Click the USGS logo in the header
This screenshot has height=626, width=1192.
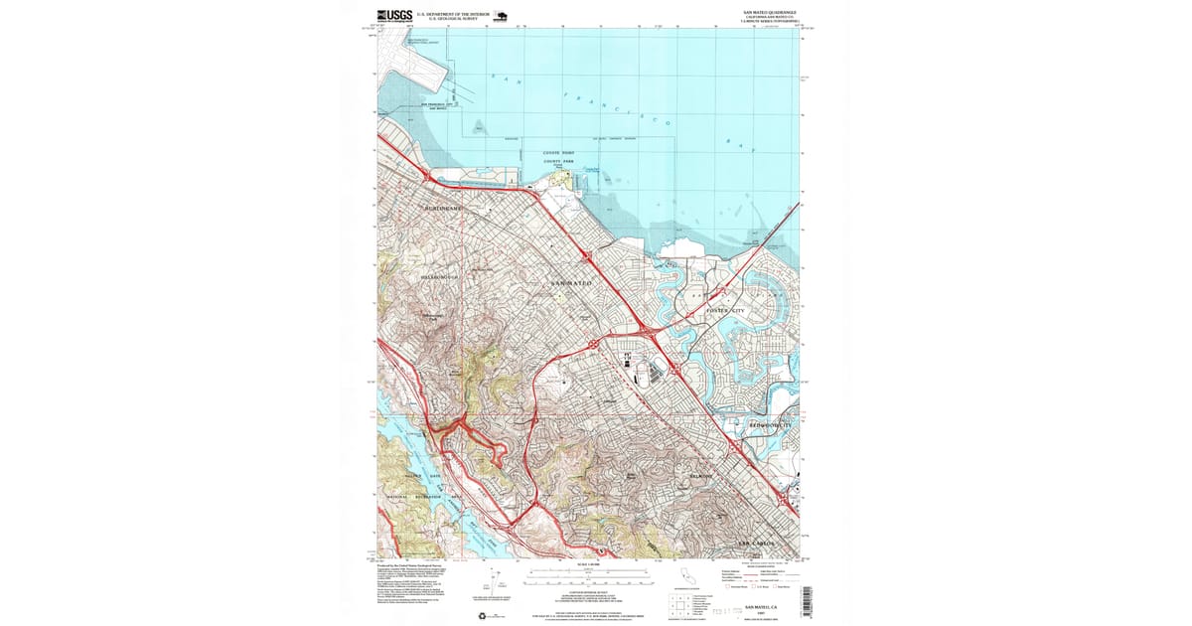coord(394,15)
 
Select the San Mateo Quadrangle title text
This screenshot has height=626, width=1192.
coord(774,13)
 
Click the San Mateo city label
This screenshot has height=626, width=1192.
coord(570,284)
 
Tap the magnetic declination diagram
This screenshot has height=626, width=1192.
coord(504,586)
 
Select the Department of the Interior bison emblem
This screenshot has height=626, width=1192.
coord(500,16)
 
